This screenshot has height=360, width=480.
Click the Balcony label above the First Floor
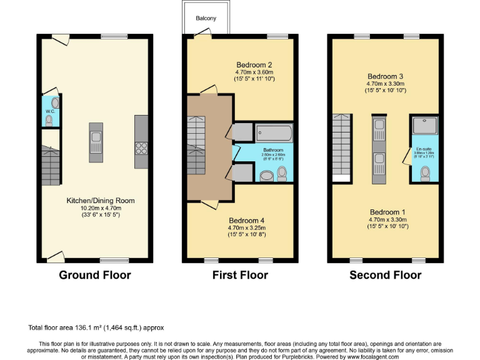coord(206,18)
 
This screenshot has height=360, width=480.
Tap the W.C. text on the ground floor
coord(50,111)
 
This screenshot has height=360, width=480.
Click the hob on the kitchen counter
coord(140,147)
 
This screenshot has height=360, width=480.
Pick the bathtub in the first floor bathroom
coord(273,134)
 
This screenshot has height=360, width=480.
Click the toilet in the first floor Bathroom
coord(281,172)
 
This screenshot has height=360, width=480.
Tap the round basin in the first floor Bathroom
coord(267,176)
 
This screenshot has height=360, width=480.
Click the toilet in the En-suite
coord(426,172)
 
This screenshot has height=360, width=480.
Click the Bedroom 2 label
coord(254,65)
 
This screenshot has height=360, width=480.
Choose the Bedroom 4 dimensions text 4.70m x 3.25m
coord(246,228)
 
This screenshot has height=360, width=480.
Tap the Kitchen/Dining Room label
coord(101,201)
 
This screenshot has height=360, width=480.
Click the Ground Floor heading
coord(94,275)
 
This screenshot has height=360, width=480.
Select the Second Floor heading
coord(385,275)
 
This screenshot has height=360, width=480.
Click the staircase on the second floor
coord(341,147)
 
